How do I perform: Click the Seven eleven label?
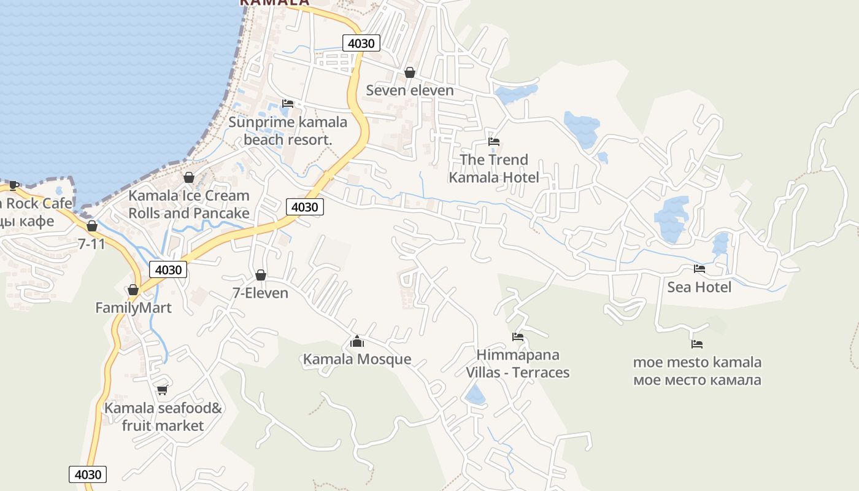coord(410,90)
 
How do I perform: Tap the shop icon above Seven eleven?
coord(410,73)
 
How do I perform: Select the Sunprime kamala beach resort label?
coord(288,131)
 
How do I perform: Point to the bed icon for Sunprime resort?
coord(288,103)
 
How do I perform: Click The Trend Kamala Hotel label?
coord(494,169)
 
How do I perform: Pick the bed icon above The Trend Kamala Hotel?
coord(494,142)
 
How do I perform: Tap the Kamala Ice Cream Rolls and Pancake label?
coord(189,204)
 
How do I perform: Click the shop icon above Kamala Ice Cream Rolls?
coord(189,177)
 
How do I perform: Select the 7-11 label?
coord(92,244)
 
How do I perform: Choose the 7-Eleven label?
coord(261,293)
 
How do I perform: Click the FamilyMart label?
coord(133,307)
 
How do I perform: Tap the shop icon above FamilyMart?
coord(133,290)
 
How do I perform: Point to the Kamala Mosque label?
coord(357,359)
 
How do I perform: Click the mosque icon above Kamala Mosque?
coord(357,341)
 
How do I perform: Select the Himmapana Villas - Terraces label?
coord(518,364)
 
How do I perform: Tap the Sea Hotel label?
coord(699,287)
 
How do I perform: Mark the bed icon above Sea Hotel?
coord(699,269)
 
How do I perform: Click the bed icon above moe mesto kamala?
coord(697,344)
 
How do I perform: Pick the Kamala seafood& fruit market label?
coord(163,417)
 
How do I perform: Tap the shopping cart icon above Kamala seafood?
coord(163,390)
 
